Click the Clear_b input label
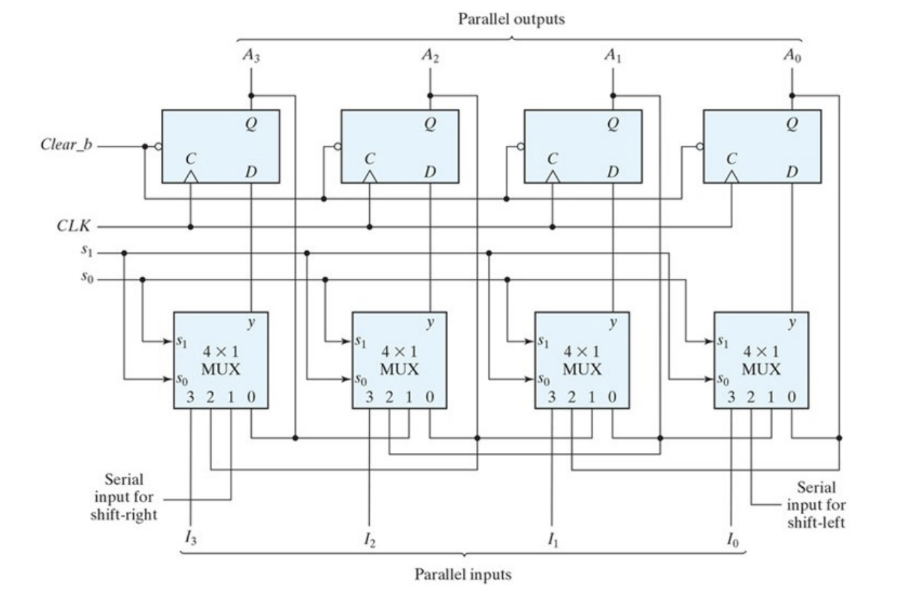(66, 145)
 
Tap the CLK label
(74, 225)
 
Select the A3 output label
(251, 55)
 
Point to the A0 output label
(792, 55)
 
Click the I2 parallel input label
(369, 539)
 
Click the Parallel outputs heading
(511, 19)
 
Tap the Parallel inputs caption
(463, 574)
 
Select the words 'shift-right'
(123, 515)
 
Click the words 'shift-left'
(816, 522)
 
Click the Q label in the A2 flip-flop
(430, 123)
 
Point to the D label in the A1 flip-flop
(612, 172)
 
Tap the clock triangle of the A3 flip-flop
(190, 177)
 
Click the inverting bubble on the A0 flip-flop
(700, 146)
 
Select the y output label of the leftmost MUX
(251, 322)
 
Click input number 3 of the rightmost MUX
(731, 398)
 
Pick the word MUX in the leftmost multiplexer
(220, 369)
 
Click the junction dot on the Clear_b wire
(145, 146)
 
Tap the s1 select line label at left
(87, 251)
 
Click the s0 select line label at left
(87, 277)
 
